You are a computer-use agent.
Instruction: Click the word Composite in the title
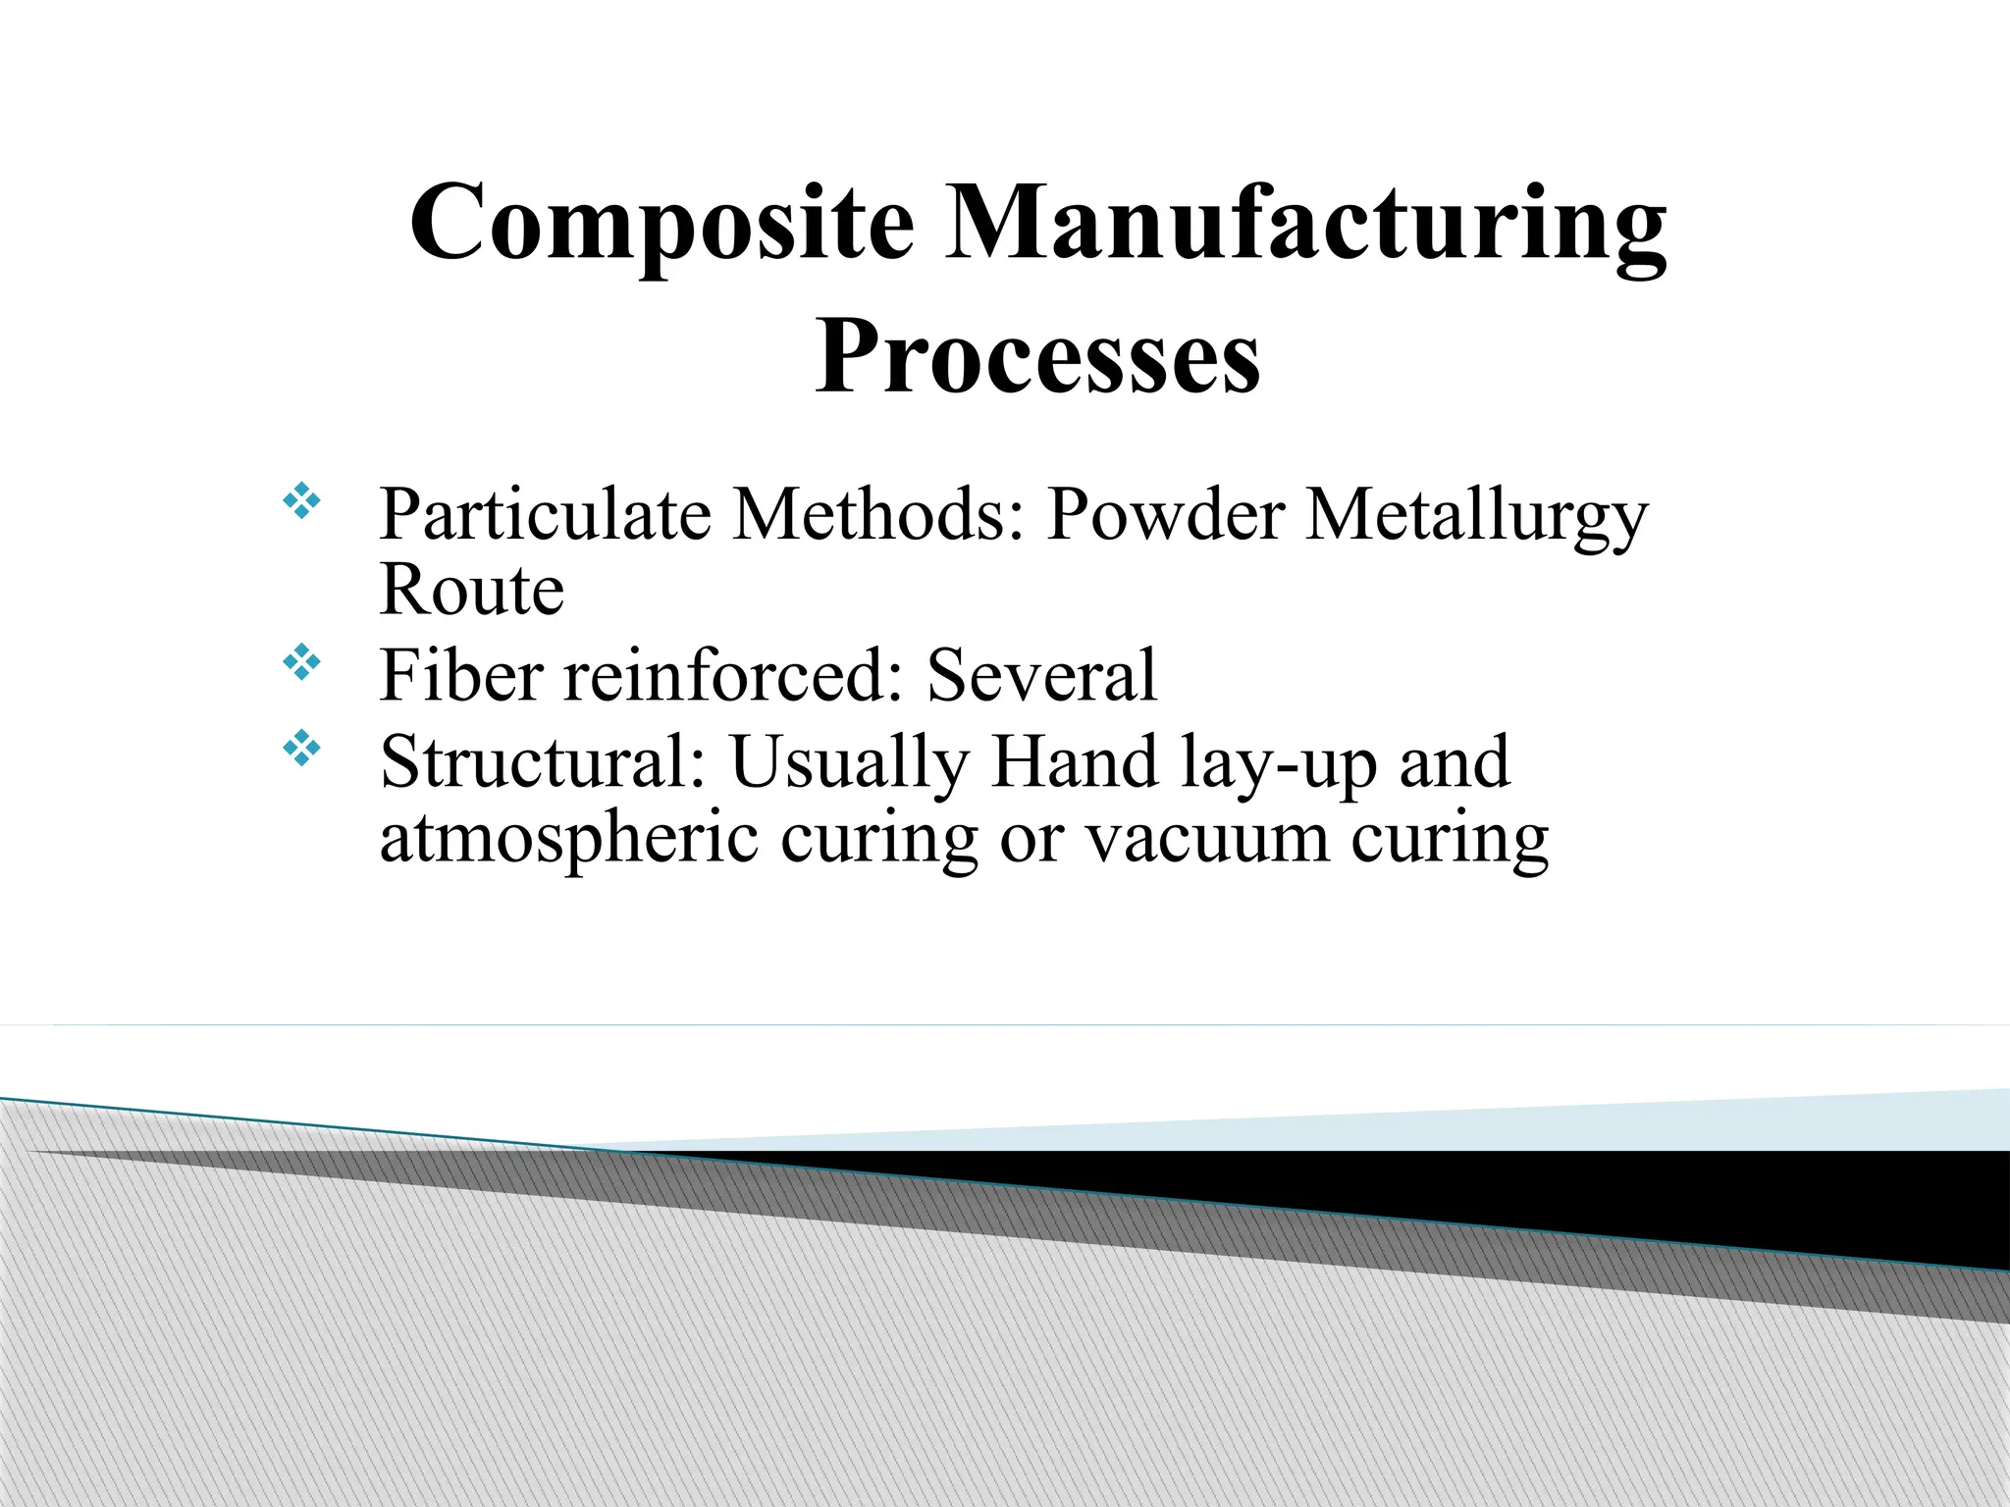coord(661,224)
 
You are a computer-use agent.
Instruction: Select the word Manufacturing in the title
coord(1304,224)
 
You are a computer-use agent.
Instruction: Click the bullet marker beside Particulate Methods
coord(302,502)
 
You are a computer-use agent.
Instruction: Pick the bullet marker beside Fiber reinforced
coord(302,664)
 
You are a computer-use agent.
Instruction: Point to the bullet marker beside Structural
coord(302,751)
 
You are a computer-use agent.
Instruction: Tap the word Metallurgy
coord(1476,516)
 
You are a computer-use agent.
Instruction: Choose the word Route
coord(471,591)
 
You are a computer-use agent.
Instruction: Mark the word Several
coord(1041,676)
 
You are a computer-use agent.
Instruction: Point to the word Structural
coord(543,762)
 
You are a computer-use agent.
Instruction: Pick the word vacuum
coord(1207,842)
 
